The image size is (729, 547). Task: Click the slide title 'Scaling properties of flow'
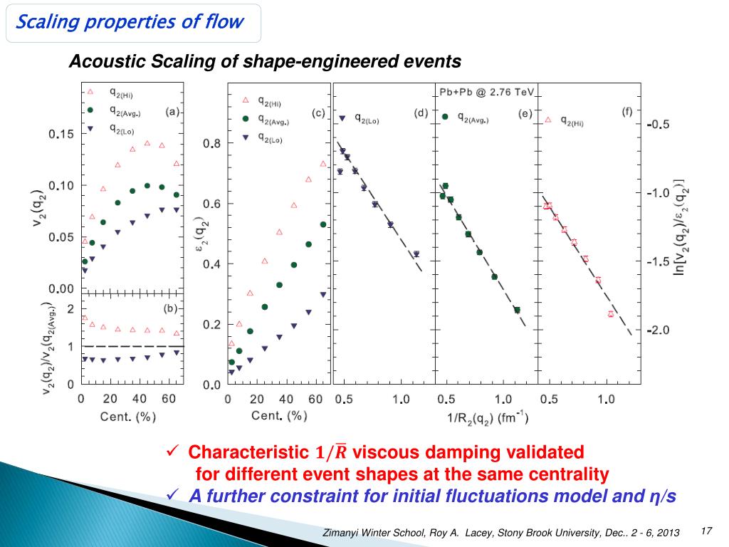130,22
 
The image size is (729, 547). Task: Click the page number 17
707,531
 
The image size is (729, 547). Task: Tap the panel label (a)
173,111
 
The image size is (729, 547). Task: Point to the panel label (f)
626,111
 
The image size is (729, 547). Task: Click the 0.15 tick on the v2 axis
61,134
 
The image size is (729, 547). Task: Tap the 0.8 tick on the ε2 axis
212,144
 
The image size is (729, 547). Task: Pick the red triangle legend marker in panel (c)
246,100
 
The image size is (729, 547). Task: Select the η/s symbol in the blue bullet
661,497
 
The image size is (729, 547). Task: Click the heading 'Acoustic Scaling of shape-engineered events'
265,63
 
